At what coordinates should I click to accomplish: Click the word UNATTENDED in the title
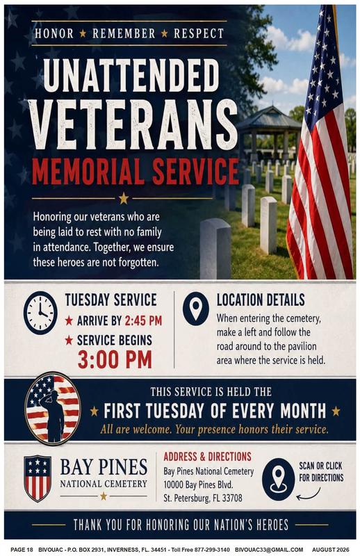point(131,75)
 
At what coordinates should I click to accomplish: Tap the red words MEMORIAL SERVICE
point(136,172)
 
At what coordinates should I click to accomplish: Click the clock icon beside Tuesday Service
point(40,313)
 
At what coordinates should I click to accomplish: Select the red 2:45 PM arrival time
point(144,321)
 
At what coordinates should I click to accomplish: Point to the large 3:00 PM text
point(115,359)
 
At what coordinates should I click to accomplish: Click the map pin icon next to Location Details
point(196,308)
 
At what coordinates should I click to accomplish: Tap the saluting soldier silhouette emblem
point(53,409)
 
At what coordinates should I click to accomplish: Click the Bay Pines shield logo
point(38,478)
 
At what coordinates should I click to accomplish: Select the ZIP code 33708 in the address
point(232,498)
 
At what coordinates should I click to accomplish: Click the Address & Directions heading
point(208,457)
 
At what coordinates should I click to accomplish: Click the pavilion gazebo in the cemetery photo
point(270,131)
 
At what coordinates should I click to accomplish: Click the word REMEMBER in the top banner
point(124,33)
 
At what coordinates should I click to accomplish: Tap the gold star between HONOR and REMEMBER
point(83,33)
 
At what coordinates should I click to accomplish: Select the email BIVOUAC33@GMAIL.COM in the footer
point(269,549)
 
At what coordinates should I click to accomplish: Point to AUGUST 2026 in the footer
point(331,549)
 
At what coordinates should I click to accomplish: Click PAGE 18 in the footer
point(22,549)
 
